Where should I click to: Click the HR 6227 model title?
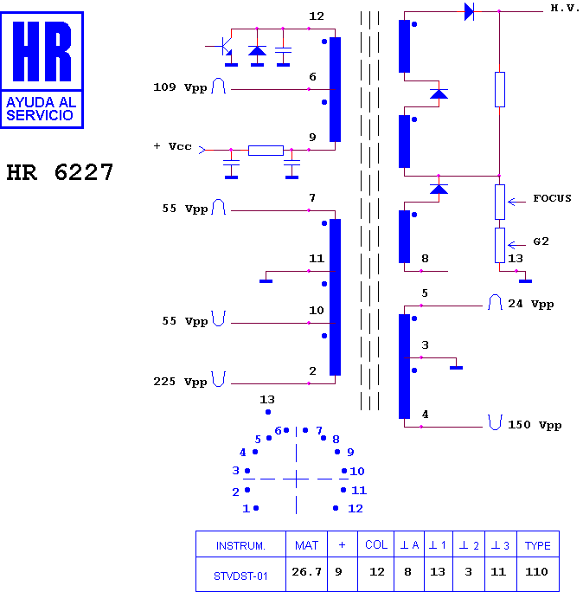60,172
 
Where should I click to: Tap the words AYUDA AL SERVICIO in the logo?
42,109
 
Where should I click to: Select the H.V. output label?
565,8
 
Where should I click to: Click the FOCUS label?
552,198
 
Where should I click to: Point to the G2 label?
541,241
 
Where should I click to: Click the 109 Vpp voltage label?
180,87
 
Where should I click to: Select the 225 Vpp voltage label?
180,382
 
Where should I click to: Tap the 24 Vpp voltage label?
530,304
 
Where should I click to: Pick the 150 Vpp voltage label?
535,425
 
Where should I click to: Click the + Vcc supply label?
173,146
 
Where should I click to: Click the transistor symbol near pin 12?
225,47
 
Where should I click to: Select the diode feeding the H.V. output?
469,11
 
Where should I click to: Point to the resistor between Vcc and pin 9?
266,151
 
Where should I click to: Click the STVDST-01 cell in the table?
240,576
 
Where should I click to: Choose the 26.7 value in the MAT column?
306,571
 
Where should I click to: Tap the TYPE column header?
537,545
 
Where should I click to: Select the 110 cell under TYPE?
536,571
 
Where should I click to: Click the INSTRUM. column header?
240,545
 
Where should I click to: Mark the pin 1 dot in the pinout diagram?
256,508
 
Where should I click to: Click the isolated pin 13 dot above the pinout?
268,412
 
